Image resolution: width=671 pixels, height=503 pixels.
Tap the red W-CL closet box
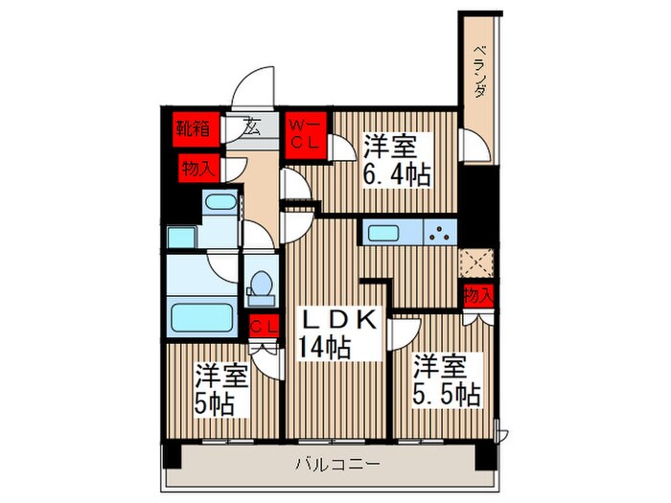[x=307, y=132]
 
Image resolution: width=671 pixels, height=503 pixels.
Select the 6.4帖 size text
[x=396, y=175]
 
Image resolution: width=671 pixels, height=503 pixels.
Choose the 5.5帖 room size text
[x=448, y=394]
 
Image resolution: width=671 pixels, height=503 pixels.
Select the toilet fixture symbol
[x=259, y=286]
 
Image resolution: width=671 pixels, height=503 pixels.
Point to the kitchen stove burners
[x=442, y=233]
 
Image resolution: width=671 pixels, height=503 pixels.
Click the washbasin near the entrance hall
[x=220, y=205]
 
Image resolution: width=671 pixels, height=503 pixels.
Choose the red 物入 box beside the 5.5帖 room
[x=476, y=294]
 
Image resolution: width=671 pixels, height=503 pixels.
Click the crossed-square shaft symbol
[x=476, y=261]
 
